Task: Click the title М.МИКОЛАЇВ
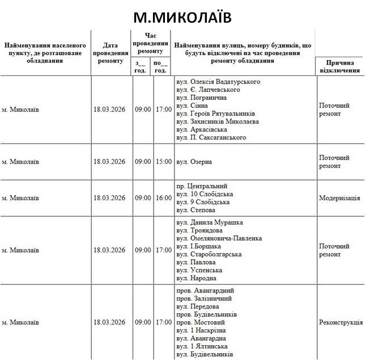[x=182, y=17]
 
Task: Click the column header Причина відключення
[x=340, y=67]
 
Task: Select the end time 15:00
[x=163, y=162]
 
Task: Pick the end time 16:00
[x=163, y=198]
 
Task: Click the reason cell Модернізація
[x=339, y=198]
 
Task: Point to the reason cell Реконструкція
[x=341, y=322]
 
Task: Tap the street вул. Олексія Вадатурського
[x=218, y=82]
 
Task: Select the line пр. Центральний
[x=202, y=186]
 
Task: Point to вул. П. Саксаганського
[x=211, y=137]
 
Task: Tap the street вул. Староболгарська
[x=209, y=254]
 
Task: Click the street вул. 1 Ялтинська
[x=202, y=346]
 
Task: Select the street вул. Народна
[x=196, y=278]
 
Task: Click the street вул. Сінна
[x=192, y=105]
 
